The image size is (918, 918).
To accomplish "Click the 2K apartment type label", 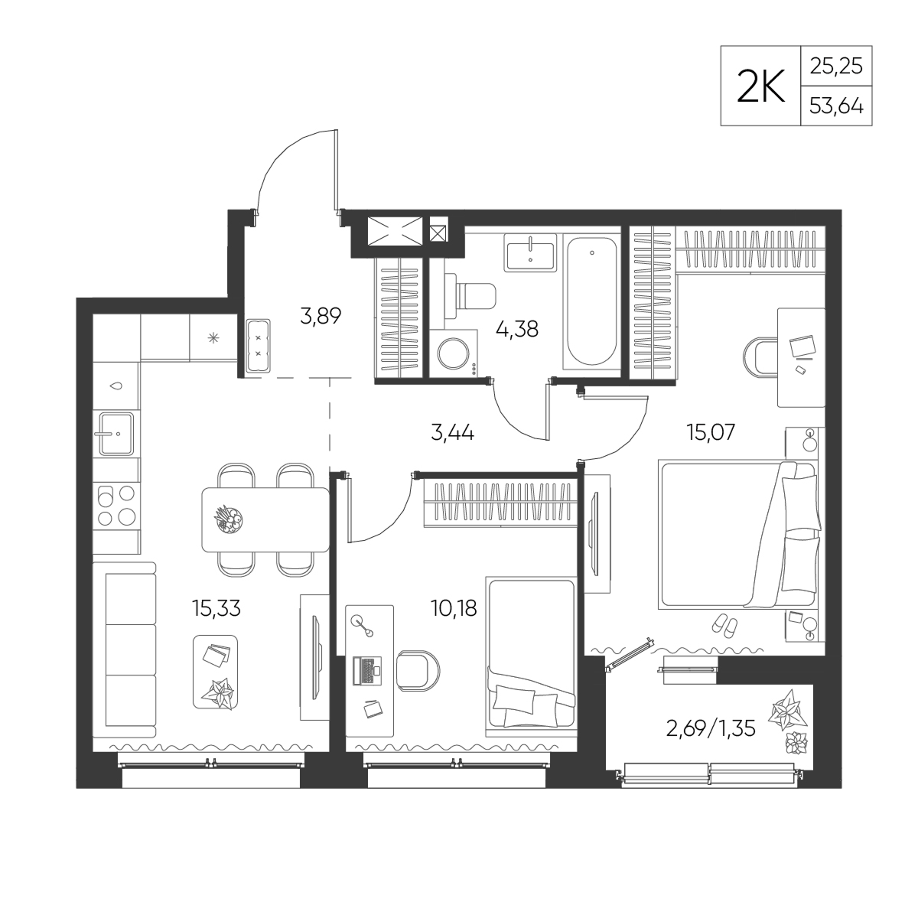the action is coord(760,86).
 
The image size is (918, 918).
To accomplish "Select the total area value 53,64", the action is coord(837,106).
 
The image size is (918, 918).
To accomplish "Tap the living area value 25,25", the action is coord(837,67).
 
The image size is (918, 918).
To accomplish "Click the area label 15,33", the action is coord(216,608).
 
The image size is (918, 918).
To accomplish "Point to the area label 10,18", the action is coord(454,608).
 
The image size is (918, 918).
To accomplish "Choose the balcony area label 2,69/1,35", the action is coord(710,729).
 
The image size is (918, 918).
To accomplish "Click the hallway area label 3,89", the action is coord(321,315).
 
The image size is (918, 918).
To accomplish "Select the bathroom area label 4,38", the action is coord(517,328).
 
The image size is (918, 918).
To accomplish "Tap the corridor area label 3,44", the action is coord(452,433).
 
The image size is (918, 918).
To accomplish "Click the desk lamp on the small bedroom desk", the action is coord(362,625).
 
